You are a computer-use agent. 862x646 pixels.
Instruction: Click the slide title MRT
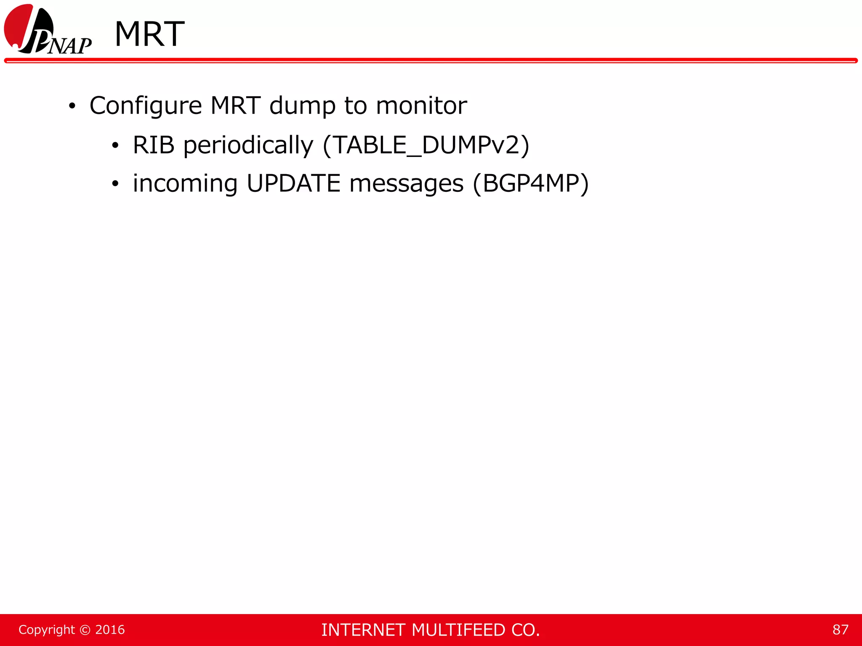coord(149,34)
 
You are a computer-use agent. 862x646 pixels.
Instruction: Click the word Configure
coord(146,106)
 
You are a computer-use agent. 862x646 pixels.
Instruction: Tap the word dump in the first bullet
coord(302,106)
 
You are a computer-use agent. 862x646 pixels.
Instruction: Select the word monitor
coord(421,106)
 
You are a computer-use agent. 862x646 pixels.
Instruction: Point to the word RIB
coord(154,145)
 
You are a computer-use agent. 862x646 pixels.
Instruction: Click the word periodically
coord(248,145)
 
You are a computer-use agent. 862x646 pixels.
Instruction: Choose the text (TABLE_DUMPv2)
coord(426,145)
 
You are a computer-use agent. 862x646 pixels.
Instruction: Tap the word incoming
coord(185,184)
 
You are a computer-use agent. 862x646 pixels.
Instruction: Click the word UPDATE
coord(293,184)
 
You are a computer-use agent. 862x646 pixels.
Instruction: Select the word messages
coord(406,184)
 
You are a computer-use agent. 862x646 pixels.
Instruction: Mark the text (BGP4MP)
coord(531,184)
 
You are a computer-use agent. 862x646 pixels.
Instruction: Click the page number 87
coord(840,630)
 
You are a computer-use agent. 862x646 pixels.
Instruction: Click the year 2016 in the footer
coord(110,630)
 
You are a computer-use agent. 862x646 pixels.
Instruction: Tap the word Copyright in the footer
coord(47,630)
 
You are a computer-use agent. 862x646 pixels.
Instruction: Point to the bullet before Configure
coord(72,106)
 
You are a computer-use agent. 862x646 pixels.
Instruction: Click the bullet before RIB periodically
coord(115,146)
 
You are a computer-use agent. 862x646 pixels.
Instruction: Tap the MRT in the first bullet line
coord(236,106)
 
